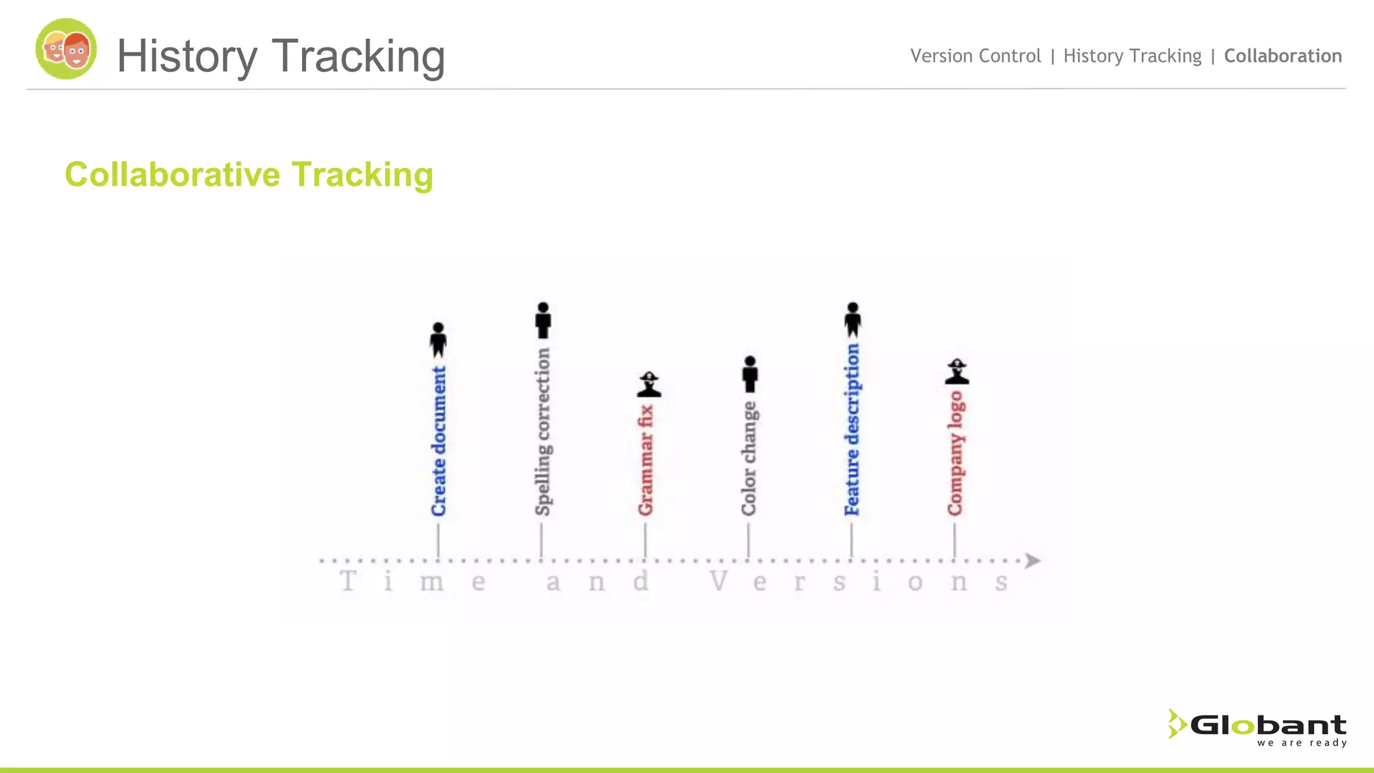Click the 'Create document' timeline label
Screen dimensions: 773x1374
pyautogui.click(x=439, y=441)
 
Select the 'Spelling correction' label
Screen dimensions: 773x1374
pyautogui.click(x=543, y=431)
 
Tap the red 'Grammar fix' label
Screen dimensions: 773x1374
pyautogui.click(x=646, y=460)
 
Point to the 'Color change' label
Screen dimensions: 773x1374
pyautogui.click(x=749, y=458)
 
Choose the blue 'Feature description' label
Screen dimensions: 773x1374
pyautogui.click(x=852, y=429)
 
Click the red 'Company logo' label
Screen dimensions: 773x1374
pyautogui.click(x=955, y=454)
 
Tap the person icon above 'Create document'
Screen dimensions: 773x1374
pyautogui.click(x=438, y=340)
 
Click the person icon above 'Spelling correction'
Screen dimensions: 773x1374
pyautogui.click(x=543, y=320)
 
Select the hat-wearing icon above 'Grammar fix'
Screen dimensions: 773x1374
pyautogui.click(x=649, y=384)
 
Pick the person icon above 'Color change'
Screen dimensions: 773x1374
pyautogui.click(x=750, y=374)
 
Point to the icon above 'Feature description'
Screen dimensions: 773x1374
pyautogui.click(x=853, y=319)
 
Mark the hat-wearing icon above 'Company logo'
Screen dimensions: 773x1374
pyautogui.click(x=957, y=372)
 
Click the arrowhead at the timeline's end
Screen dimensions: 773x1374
pyautogui.click(x=1033, y=560)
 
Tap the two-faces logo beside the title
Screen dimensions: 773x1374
pyautogui.click(x=66, y=49)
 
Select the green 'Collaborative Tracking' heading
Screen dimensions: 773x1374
pyautogui.click(x=249, y=174)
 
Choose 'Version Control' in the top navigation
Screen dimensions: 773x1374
pyautogui.click(x=975, y=56)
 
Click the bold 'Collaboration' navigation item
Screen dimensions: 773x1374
pyautogui.click(x=1283, y=56)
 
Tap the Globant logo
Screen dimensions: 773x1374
pyautogui.click(x=1258, y=727)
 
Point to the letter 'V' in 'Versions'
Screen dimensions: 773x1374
pyautogui.click(x=719, y=581)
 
